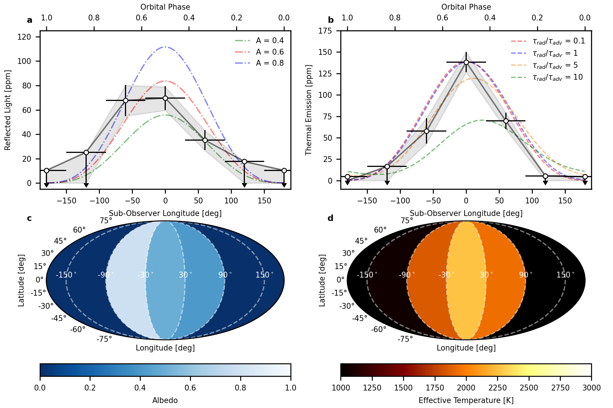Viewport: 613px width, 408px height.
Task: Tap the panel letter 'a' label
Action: point(29,20)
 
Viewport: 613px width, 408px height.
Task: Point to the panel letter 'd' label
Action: point(330,218)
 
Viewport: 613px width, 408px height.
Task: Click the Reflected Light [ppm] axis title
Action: point(8,110)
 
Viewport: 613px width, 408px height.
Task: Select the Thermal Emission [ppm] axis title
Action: point(309,110)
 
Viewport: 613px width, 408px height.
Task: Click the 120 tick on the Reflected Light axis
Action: point(25,37)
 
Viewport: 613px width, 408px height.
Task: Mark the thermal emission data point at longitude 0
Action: point(466,62)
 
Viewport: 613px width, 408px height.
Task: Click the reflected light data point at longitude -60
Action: point(126,100)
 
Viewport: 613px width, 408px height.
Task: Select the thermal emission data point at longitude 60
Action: point(506,121)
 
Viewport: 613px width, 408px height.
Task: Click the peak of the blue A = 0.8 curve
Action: point(165,47)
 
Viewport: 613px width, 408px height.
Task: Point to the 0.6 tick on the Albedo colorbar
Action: point(190,388)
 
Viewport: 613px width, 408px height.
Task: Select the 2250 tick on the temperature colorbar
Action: point(498,388)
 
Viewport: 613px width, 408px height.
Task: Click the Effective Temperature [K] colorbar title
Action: point(466,400)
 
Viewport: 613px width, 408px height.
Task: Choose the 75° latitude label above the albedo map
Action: point(106,221)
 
